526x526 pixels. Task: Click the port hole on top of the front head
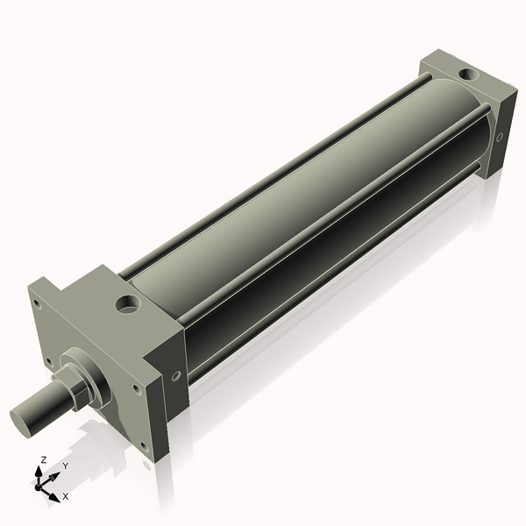click(129, 307)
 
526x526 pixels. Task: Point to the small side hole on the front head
click(176, 376)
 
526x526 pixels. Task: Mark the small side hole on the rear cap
click(500, 138)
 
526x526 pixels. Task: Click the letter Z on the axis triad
click(43, 460)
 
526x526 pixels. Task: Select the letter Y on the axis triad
click(66, 467)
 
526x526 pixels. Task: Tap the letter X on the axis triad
click(65, 496)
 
